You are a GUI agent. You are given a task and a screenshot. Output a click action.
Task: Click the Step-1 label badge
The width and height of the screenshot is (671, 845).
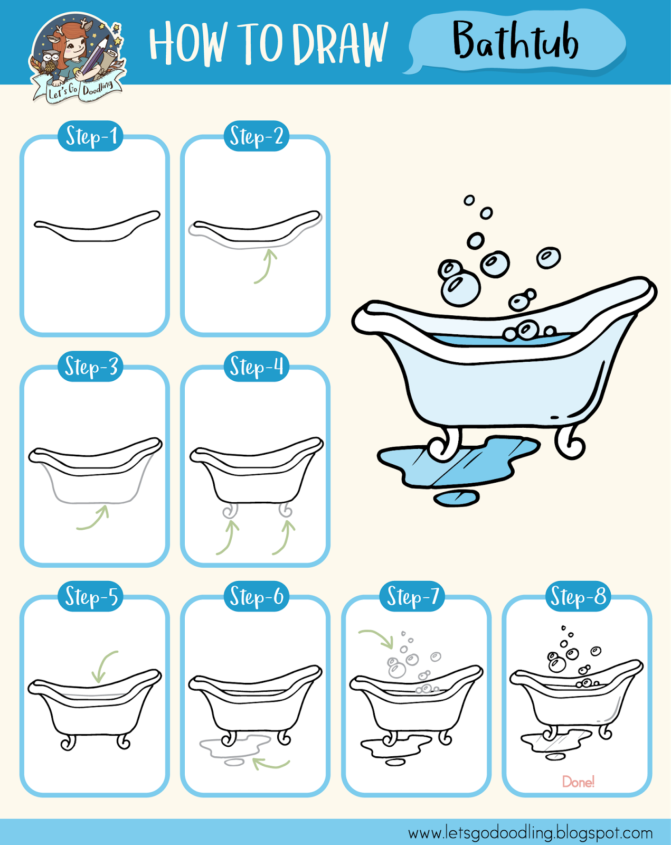[91, 136]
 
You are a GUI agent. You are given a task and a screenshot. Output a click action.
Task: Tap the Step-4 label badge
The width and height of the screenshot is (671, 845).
[256, 367]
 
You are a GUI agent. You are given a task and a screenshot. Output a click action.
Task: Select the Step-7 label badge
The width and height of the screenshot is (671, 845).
[413, 597]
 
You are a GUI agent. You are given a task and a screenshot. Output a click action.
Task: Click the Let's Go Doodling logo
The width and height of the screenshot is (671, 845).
[77, 57]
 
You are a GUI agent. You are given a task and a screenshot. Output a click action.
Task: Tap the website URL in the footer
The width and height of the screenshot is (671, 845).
[530, 833]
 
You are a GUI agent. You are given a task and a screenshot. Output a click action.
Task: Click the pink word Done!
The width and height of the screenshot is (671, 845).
[578, 782]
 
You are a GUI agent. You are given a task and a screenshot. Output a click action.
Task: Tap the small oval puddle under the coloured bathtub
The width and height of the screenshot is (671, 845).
[456, 498]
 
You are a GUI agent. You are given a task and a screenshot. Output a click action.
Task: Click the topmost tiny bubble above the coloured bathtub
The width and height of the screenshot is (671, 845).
[469, 200]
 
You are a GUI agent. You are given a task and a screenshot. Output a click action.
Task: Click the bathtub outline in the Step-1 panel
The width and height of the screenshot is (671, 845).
[97, 228]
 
